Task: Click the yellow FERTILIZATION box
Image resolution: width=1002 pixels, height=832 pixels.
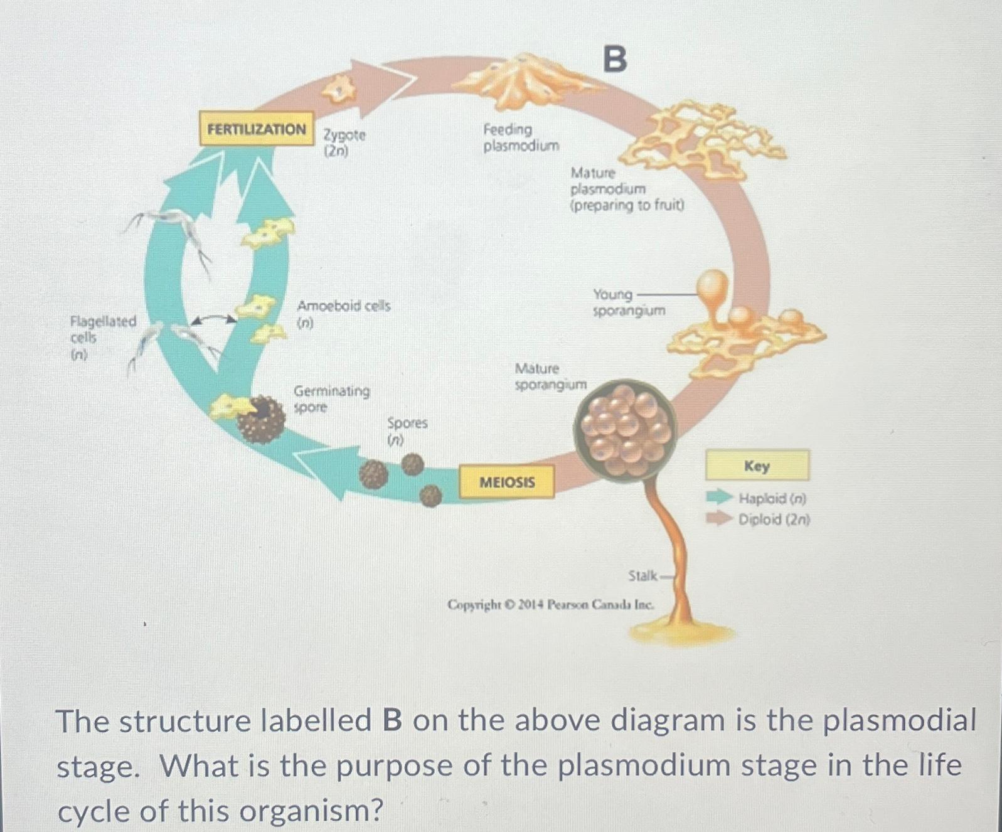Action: tap(257, 129)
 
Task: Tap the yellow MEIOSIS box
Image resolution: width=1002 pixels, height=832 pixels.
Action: tap(507, 482)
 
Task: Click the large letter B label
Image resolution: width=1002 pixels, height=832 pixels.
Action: tap(615, 60)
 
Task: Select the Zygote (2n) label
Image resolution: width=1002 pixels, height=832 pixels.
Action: tap(344, 142)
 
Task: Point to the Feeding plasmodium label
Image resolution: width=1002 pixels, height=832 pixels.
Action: tap(521, 137)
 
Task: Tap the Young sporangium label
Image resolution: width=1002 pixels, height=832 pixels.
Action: tap(629, 302)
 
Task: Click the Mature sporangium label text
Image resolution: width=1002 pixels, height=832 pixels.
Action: tap(550, 376)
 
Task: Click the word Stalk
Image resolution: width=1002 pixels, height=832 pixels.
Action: tap(642, 575)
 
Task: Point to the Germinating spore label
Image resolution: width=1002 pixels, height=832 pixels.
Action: tap(331, 398)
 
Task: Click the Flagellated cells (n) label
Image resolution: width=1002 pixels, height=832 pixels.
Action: tap(102, 338)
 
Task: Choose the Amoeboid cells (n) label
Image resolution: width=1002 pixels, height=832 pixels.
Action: tap(343, 314)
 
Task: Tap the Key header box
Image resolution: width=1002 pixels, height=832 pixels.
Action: tap(757, 466)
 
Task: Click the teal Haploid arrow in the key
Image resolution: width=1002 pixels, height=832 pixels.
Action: tap(719, 498)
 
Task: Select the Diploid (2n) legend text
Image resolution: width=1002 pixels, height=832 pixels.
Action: tap(774, 520)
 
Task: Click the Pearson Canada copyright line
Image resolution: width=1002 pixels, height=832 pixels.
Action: tap(550, 605)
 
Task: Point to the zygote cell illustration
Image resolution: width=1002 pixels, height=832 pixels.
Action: tap(338, 91)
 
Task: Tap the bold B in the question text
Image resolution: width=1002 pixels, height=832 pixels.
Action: tap(392, 720)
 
